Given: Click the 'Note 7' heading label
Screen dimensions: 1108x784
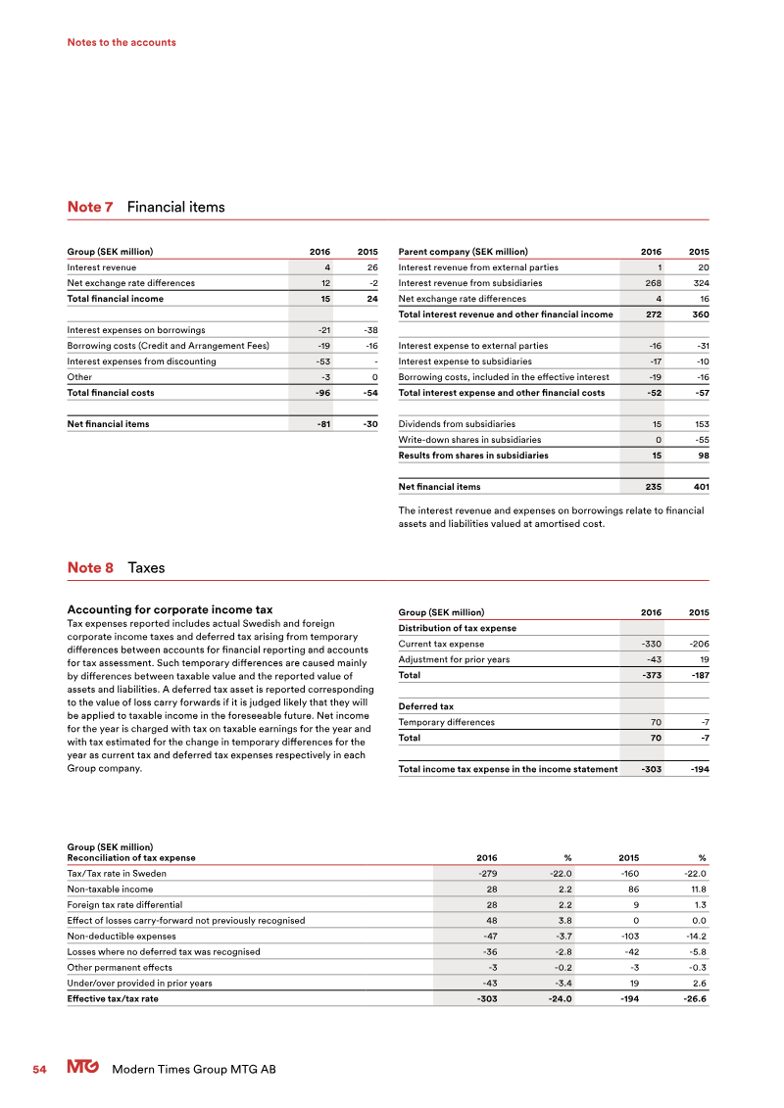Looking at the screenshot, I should click(x=90, y=207).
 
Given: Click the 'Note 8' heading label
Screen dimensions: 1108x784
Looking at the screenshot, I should click(x=90, y=567).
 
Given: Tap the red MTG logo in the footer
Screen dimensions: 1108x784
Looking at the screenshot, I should click(x=84, y=1069).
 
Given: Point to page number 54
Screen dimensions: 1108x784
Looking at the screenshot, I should click(x=39, y=1070).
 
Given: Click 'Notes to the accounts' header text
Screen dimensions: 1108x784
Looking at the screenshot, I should click(x=122, y=42).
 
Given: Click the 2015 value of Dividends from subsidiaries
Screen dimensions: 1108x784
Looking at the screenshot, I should click(x=697, y=424).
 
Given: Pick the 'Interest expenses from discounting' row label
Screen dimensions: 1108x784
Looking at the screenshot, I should click(x=141, y=361).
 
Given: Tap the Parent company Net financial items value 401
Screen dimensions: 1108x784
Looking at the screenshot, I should click(x=699, y=487).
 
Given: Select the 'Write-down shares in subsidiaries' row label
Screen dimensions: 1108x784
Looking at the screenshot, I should click(x=469, y=440).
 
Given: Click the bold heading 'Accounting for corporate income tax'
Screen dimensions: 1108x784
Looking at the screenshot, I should click(x=169, y=610).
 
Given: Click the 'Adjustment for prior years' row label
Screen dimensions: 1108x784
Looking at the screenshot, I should click(x=454, y=659).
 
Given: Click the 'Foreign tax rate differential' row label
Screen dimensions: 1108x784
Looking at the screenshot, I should click(x=124, y=904).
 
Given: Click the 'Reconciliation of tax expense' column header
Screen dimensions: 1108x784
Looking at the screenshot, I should click(x=130, y=857).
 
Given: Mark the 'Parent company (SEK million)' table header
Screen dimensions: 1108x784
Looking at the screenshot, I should click(x=463, y=252).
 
